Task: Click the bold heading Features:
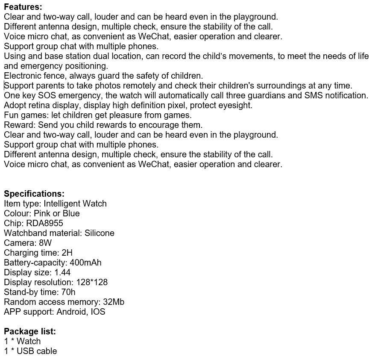tap(23, 7)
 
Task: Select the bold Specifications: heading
tap(34, 194)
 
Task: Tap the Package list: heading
tap(30, 331)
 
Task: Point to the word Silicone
tap(100, 233)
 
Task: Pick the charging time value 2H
tap(67, 253)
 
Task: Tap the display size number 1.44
tap(62, 272)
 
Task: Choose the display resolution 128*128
tap(92, 282)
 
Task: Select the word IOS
tap(98, 312)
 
